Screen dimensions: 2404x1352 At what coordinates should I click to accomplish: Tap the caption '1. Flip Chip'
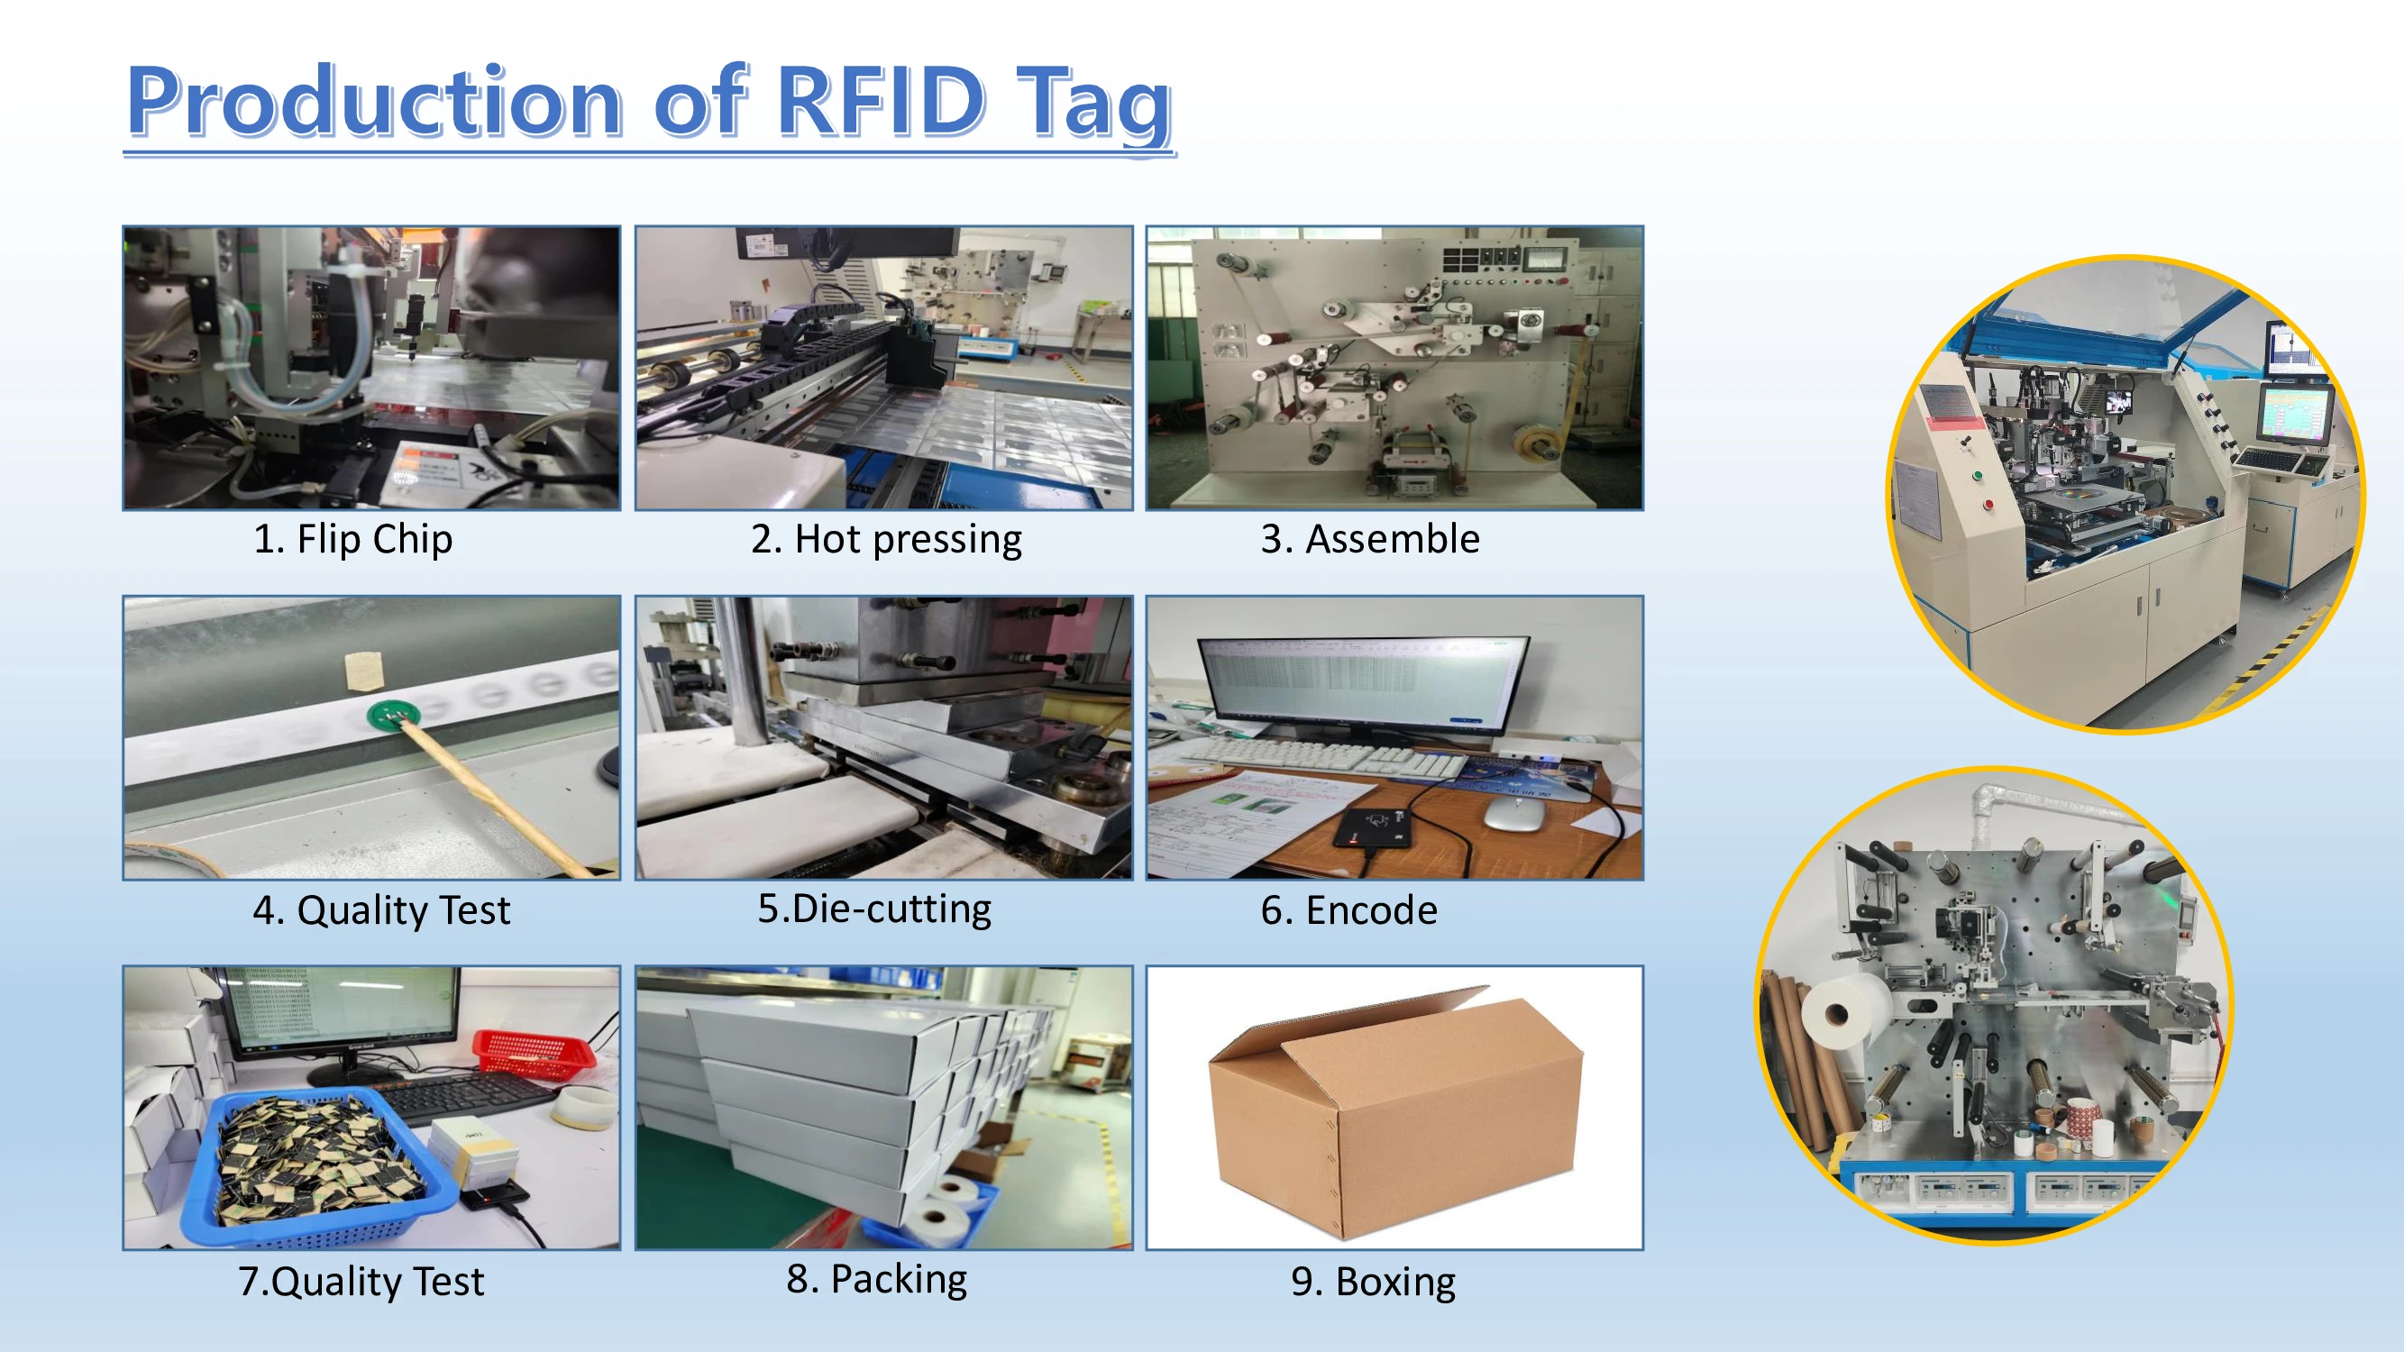tap(352, 539)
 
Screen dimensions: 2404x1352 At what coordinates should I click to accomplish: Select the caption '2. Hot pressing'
tap(886, 539)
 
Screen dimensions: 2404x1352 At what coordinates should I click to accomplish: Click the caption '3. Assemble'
tap(1369, 539)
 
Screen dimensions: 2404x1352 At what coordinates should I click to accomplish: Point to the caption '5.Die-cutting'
tap(873, 909)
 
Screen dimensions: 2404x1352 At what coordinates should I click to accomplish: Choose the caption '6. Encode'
tap(1348, 910)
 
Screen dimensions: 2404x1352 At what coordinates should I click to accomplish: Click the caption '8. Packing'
tap(876, 1279)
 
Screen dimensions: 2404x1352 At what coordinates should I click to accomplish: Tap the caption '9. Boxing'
tap(1373, 1282)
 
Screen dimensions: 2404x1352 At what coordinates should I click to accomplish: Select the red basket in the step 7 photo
tap(533, 1052)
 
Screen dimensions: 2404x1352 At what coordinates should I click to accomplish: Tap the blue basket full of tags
tap(317, 1166)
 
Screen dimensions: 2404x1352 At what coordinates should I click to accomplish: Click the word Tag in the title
tap(1093, 103)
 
